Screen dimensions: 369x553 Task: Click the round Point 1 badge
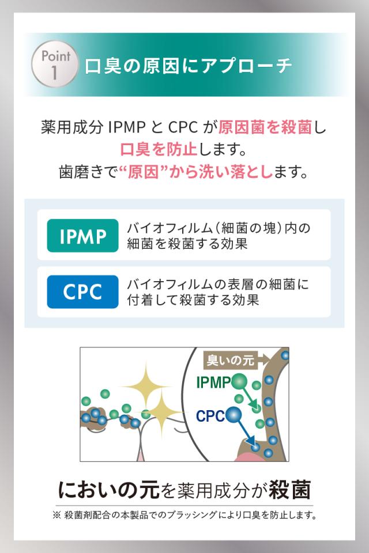coord(55,64)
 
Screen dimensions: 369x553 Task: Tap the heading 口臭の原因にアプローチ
coord(188,66)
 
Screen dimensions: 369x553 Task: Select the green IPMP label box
coord(82,236)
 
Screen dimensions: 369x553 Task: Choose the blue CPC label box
coord(82,292)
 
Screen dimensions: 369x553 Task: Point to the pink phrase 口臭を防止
coord(159,149)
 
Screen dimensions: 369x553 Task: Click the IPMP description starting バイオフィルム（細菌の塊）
coord(219,236)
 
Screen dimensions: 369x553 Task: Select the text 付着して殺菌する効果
coord(193,300)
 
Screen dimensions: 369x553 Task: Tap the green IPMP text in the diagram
coord(213,382)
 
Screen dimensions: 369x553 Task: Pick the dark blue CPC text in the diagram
coord(210,416)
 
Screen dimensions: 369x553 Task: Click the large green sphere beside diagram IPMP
coord(240,382)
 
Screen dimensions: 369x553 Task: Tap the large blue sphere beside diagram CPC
coord(234,415)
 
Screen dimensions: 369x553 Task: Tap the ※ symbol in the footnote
coord(57,515)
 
